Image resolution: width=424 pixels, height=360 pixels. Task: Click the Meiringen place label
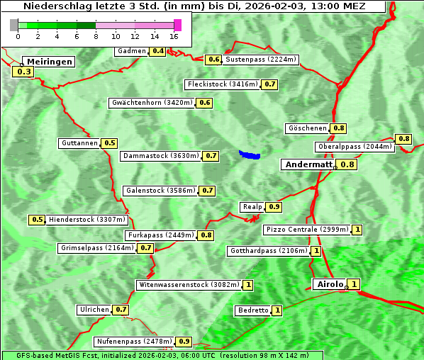[48, 62]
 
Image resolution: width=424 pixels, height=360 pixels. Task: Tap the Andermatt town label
[308, 164]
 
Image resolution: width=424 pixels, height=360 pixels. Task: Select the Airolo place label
[330, 284]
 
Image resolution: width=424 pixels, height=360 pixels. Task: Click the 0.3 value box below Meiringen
[23, 72]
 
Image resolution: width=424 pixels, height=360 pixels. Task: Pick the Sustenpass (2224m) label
[261, 60]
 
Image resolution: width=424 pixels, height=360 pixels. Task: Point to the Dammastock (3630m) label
[161, 155]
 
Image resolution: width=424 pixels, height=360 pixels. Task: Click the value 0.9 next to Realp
[274, 207]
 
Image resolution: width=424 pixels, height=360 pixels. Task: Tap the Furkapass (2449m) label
[160, 235]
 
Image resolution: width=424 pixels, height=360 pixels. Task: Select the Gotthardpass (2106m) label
[269, 251]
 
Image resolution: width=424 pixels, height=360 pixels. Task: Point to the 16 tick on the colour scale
[174, 35]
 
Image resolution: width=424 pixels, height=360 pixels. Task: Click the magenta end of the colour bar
[177, 25]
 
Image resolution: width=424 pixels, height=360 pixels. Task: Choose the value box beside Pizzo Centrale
[357, 230]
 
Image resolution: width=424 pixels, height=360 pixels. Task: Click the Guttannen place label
[79, 143]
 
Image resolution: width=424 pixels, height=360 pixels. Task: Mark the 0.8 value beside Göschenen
[339, 128]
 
